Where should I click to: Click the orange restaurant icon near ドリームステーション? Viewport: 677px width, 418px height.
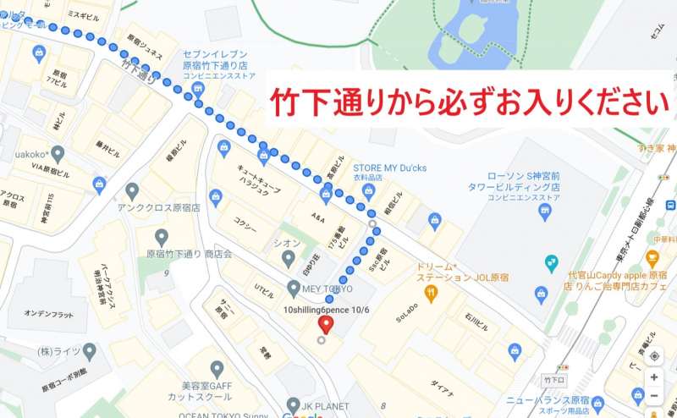click(x=431, y=293)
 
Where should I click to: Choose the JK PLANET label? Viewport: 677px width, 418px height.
click(x=324, y=406)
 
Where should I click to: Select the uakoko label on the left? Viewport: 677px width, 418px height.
click(x=32, y=155)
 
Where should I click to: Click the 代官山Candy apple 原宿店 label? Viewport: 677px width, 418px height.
click(x=626, y=279)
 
